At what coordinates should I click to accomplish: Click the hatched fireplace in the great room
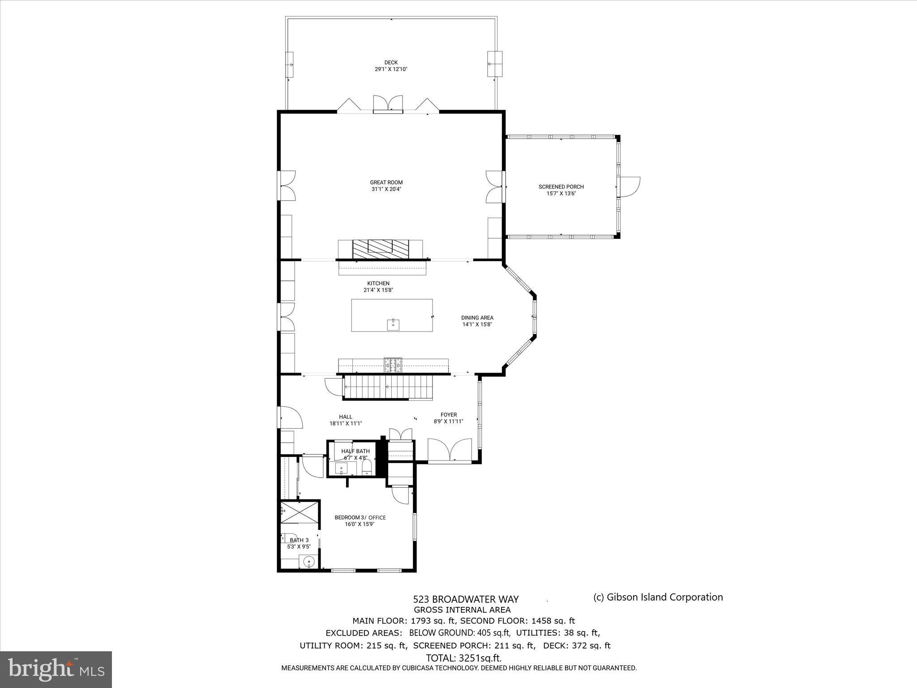click(x=381, y=249)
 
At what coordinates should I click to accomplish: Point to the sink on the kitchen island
click(x=393, y=324)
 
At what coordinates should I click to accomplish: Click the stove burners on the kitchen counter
click(x=393, y=365)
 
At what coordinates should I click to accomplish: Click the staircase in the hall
click(x=388, y=387)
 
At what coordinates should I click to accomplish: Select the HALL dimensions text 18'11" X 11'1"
click(x=345, y=423)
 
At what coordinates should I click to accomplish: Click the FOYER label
click(x=448, y=415)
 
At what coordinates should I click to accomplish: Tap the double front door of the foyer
click(x=449, y=450)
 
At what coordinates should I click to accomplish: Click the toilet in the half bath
click(x=367, y=467)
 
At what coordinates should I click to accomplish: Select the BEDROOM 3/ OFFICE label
click(x=360, y=517)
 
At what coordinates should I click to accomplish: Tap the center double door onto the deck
click(x=388, y=104)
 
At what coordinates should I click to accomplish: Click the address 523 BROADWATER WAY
click(x=466, y=599)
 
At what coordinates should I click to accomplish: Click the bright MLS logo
click(x=56, y=669)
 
